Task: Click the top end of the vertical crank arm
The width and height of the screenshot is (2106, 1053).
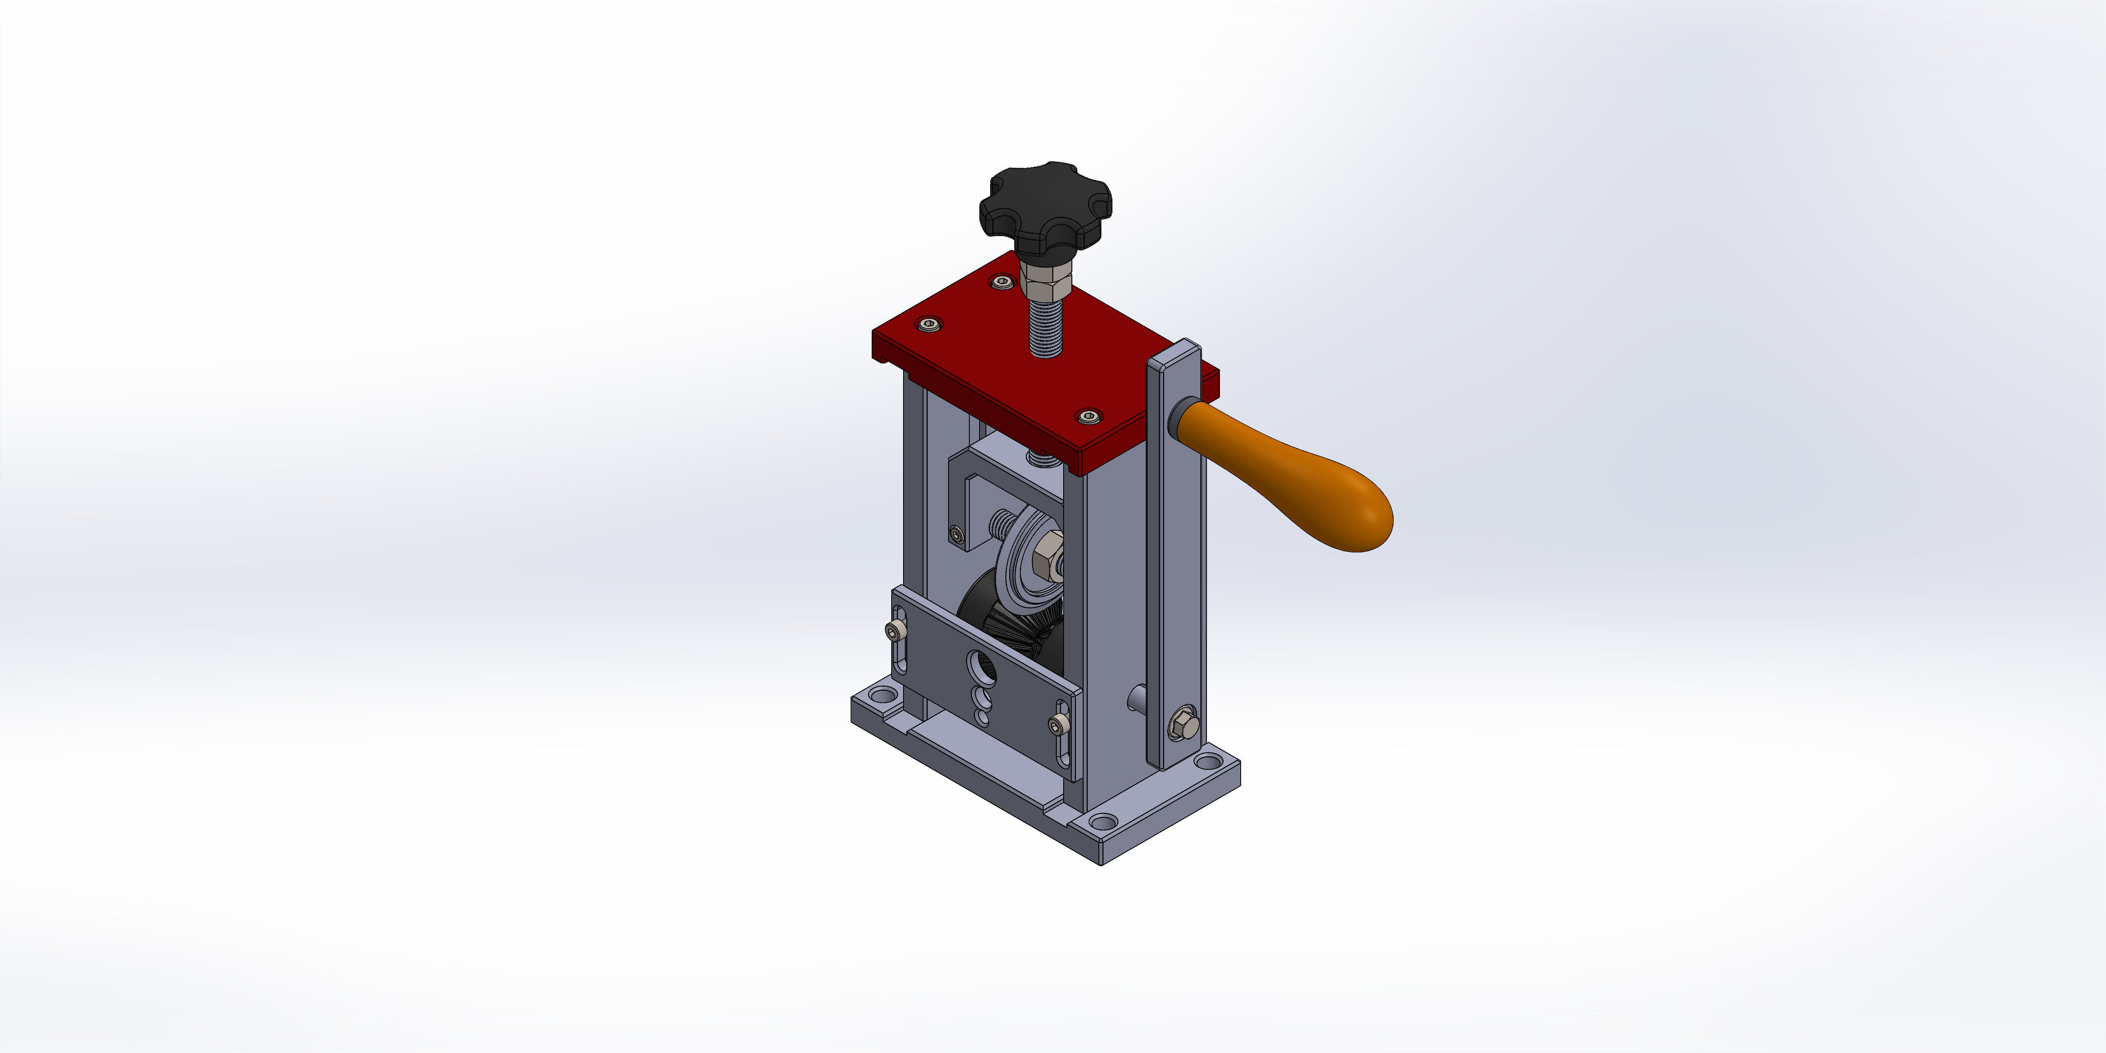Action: [1175, 357]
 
